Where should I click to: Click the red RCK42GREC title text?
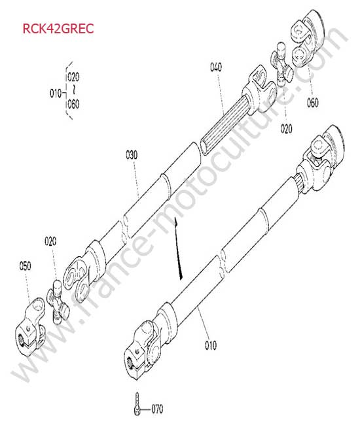coord(58,29)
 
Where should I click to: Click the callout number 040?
coord(216,67)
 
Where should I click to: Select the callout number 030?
coord(132,155)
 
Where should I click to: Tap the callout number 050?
coord(26,265)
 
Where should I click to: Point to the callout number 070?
coord(157,409)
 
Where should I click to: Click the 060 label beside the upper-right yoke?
coord(313,103)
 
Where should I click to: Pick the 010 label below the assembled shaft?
coord(211,345)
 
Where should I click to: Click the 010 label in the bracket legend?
coord(56,93)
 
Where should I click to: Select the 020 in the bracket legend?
coord(73,77)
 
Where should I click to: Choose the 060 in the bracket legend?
coord(73,104)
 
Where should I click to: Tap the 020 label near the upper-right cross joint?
coord(287,128)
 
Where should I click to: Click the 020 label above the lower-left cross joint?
coord(50,241)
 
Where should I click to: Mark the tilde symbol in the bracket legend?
coord(73,90)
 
